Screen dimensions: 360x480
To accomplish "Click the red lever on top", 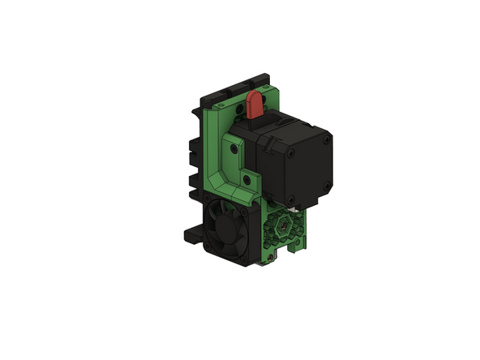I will click(x=254, y=103).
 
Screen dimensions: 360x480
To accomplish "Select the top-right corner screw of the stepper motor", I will click(x=327, y=140).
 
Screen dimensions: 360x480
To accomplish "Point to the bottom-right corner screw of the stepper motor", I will click(x=324, y=188).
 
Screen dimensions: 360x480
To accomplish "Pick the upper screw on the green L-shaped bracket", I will click(x=234, y=150).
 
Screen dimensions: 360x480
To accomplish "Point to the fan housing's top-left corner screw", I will click(x=209, y=197).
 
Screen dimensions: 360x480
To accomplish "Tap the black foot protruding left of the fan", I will click(x=192, y=234).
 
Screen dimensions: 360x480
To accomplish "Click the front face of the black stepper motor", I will click(x=305, y=166).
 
